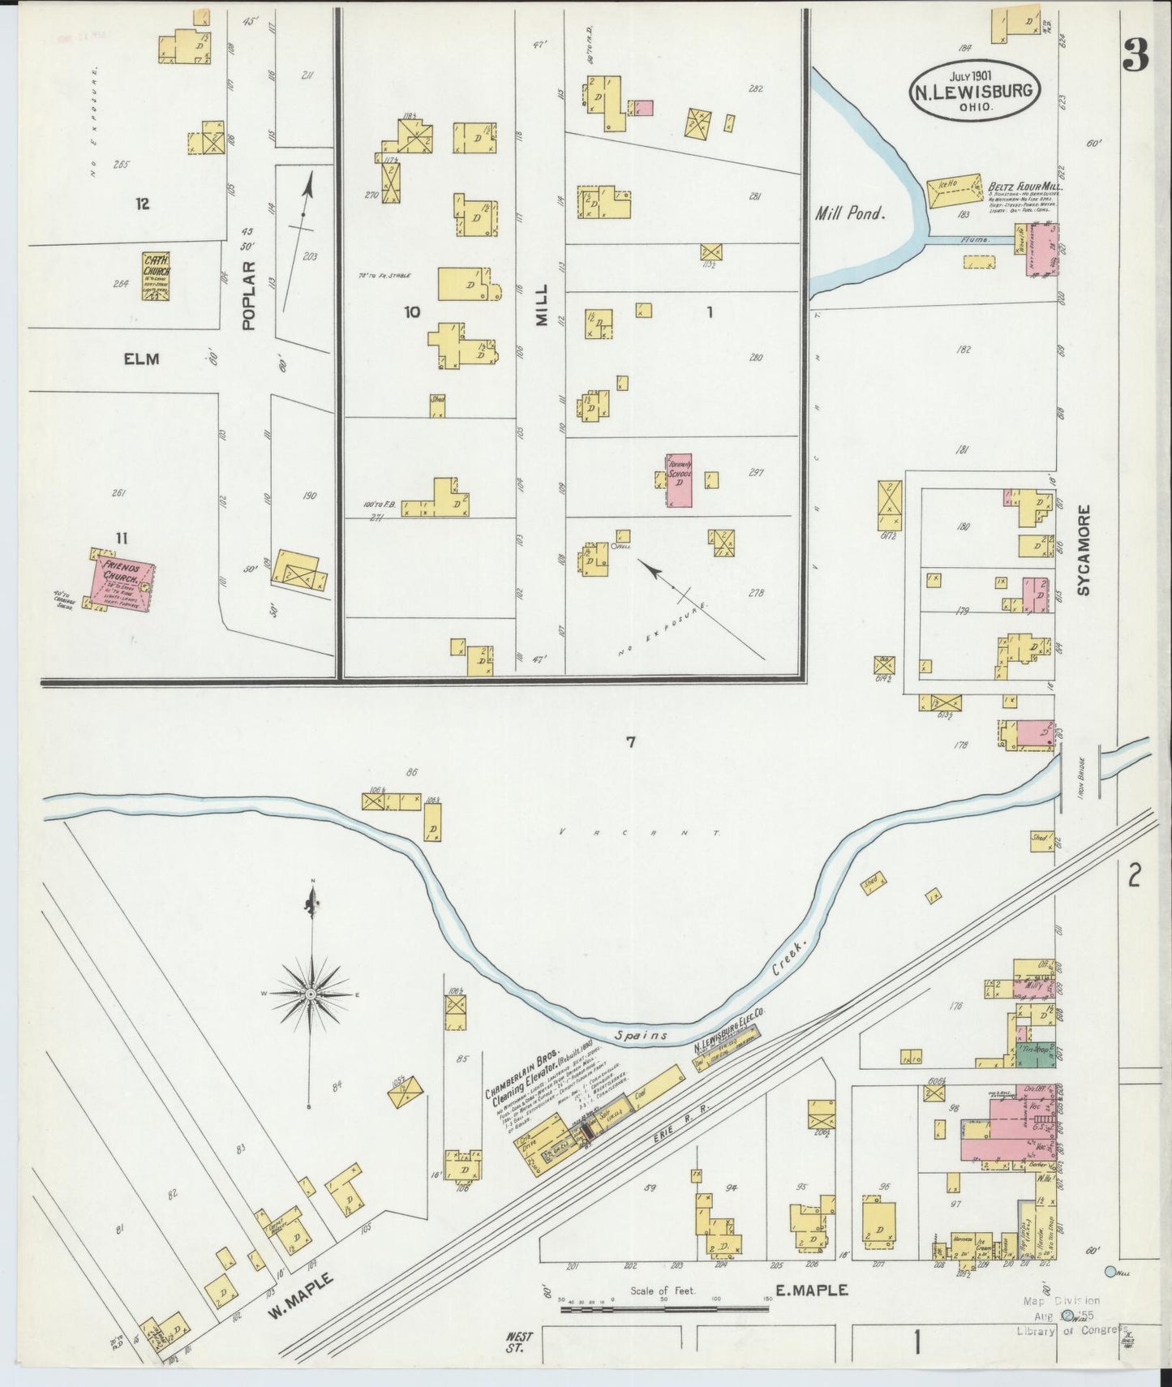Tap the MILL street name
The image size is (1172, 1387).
(541, 305)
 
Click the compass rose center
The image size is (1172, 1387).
(311, 994)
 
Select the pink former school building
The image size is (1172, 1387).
(679, 481)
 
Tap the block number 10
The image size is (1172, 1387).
(412, 311)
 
